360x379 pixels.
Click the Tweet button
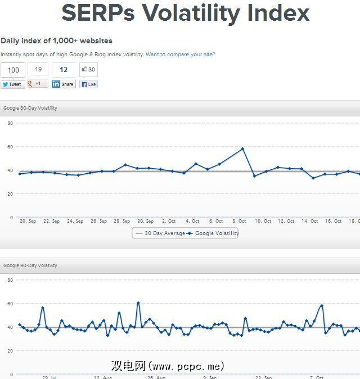(12, 84)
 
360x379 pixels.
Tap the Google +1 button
(38, 84)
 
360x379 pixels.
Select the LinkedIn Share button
(64, 84)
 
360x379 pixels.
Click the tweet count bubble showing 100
(13, 70)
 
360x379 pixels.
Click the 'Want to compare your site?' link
(180, 55)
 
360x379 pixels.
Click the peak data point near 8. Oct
(242, 149)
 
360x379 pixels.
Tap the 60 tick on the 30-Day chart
(10, 146)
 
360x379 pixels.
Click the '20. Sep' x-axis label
(28, 222)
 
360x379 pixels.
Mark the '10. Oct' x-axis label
(263, 222)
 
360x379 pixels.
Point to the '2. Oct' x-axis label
(169, 222)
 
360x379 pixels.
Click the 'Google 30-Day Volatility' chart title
(30, 108)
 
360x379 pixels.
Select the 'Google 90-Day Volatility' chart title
(30, 265)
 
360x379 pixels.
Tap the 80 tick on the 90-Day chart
(10, 279)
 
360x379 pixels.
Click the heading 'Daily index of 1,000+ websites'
(56, 40)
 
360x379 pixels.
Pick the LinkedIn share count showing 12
(64, 70)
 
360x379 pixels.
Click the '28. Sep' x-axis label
(121, 222)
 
